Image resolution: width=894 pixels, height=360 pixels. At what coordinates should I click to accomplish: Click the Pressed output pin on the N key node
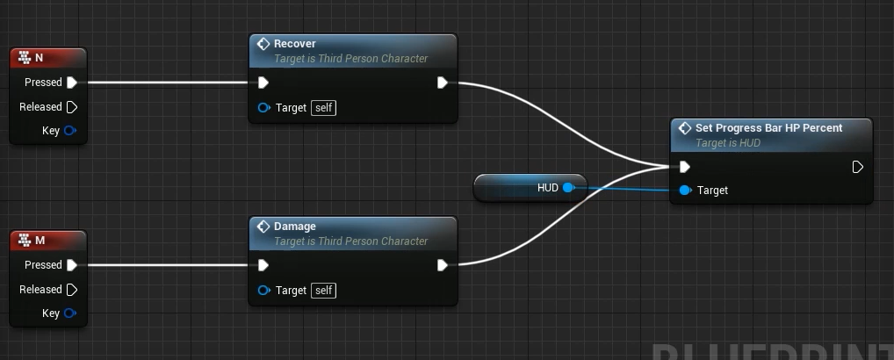[x=72, y=83]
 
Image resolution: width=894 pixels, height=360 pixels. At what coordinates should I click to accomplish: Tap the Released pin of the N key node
[x=72, y=107]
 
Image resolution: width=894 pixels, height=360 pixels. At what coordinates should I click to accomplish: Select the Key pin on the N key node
[x=70, y=131]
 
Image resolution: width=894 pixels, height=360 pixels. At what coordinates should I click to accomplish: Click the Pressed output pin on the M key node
[x=72, y=265]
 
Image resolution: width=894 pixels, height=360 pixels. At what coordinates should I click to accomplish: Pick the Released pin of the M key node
[x=72, y=290]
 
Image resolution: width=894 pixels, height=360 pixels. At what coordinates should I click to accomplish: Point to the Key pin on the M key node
[x=70, y=313]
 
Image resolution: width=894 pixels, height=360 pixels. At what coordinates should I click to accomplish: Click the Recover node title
[x=295, y=44]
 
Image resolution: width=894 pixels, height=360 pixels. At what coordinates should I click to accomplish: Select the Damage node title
[x=295, y=227]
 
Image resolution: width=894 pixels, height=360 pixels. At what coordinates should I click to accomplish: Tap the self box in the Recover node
[x=324, y=108]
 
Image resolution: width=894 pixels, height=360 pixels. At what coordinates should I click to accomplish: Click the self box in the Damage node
[x=324, y=291]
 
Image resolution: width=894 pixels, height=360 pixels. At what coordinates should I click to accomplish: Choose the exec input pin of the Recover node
[x=263, y=83]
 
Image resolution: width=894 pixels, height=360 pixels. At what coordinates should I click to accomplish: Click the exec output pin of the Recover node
[x=442, y=83]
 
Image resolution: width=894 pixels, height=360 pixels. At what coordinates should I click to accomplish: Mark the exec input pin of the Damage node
[x=263, y=265]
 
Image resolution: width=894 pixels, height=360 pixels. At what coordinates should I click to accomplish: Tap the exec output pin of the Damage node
[x=442, y=265]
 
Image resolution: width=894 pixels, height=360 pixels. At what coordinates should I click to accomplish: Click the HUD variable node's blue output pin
[x=568, y=188]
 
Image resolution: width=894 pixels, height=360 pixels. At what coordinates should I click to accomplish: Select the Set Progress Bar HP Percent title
[x=768, y=128]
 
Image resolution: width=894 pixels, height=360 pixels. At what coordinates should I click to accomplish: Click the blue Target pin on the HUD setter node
[x=685, y=191]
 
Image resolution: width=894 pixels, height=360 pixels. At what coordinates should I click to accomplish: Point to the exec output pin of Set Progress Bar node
[x=857, y=167]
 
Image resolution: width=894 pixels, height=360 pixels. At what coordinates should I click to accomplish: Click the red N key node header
[x=48, y=58]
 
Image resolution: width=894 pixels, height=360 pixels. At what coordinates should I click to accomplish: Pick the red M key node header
[x=48, y=241]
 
